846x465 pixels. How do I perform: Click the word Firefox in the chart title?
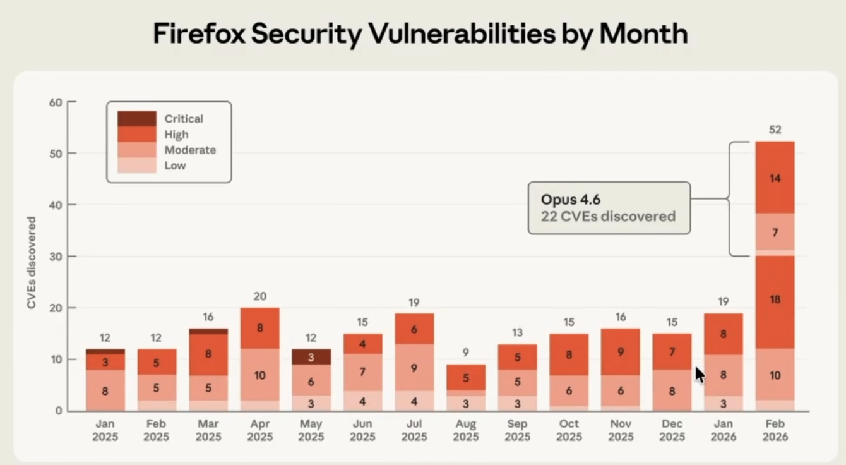(x=199, y=34)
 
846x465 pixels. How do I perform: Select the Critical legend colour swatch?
(x=136, y=118)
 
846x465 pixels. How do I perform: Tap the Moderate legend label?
(x=190, y=150)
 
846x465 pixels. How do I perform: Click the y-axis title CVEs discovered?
(x=32, y=263)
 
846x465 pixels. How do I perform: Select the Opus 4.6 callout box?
(x=609, y=208)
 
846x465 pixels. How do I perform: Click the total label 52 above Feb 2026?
(x=775, y=130)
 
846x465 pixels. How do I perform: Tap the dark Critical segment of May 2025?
(x=311, y=357)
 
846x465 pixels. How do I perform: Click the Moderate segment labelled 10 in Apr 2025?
(x=259, y=375)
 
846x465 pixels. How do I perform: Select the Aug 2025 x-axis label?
(x=465, y=430)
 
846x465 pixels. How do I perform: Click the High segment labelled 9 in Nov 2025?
(x=620, y=353)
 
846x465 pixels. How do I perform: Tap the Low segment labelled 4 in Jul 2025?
(x=414, y=401)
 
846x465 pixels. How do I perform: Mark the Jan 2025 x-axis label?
(x=105, y=430)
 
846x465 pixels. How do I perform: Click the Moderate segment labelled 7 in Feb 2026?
(x=775, y=232)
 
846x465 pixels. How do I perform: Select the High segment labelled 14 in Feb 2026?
(x=775, y=178)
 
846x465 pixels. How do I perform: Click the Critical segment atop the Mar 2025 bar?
(x=208, y=331)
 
